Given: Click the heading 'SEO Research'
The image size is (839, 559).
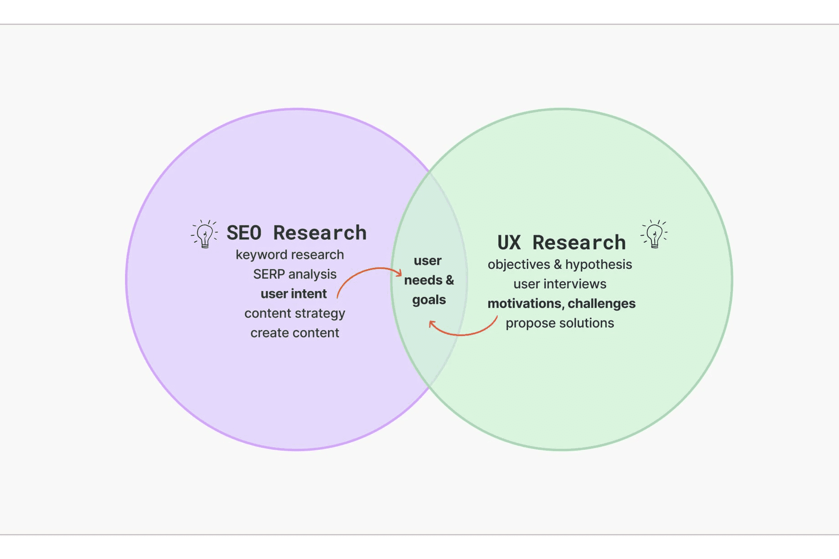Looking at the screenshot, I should pyautogui.click(x=296, y=233).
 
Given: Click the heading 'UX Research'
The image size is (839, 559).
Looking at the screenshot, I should pyautogui.click(x=561, y=243).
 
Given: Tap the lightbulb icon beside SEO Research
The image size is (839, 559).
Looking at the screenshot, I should pyautogui.click(x=204, y=234).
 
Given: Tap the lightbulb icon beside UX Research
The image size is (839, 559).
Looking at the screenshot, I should pyautogui.click(x=654, y=234).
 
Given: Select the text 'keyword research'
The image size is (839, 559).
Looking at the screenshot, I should pyautogui.click(x=289, y=255).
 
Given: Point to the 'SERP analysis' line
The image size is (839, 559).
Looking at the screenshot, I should pyautogui.click(x=294, y=274).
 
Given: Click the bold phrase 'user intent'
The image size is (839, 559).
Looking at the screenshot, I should pyautogui.click(x=294, y=294).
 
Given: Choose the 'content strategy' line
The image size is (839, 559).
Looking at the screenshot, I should pyautogui.click(x=294, y=313).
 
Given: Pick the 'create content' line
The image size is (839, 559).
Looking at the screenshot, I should pyautogui.click(x=294, y=333).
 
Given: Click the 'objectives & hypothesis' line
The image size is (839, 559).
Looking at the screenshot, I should pyautogui.click(x=559, y=264).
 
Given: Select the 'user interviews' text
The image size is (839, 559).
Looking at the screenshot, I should pyautogui.click(x=559, y=284).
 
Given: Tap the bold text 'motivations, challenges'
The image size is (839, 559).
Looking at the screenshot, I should pyautogui.click(x=561, y=303).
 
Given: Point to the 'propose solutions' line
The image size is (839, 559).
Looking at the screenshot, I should pyautogui.click(x=559, y=323).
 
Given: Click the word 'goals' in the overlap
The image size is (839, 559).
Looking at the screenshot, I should pyautogui.click(x=429, y=300).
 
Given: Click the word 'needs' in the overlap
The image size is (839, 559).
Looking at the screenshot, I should pyautogui.click(x=423, y=280).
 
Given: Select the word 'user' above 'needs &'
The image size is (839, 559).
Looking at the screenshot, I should pyautogui.click(x=427, y=261).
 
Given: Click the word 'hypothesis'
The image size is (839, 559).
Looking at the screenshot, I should pyautogui.click(x=598, y=265).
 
